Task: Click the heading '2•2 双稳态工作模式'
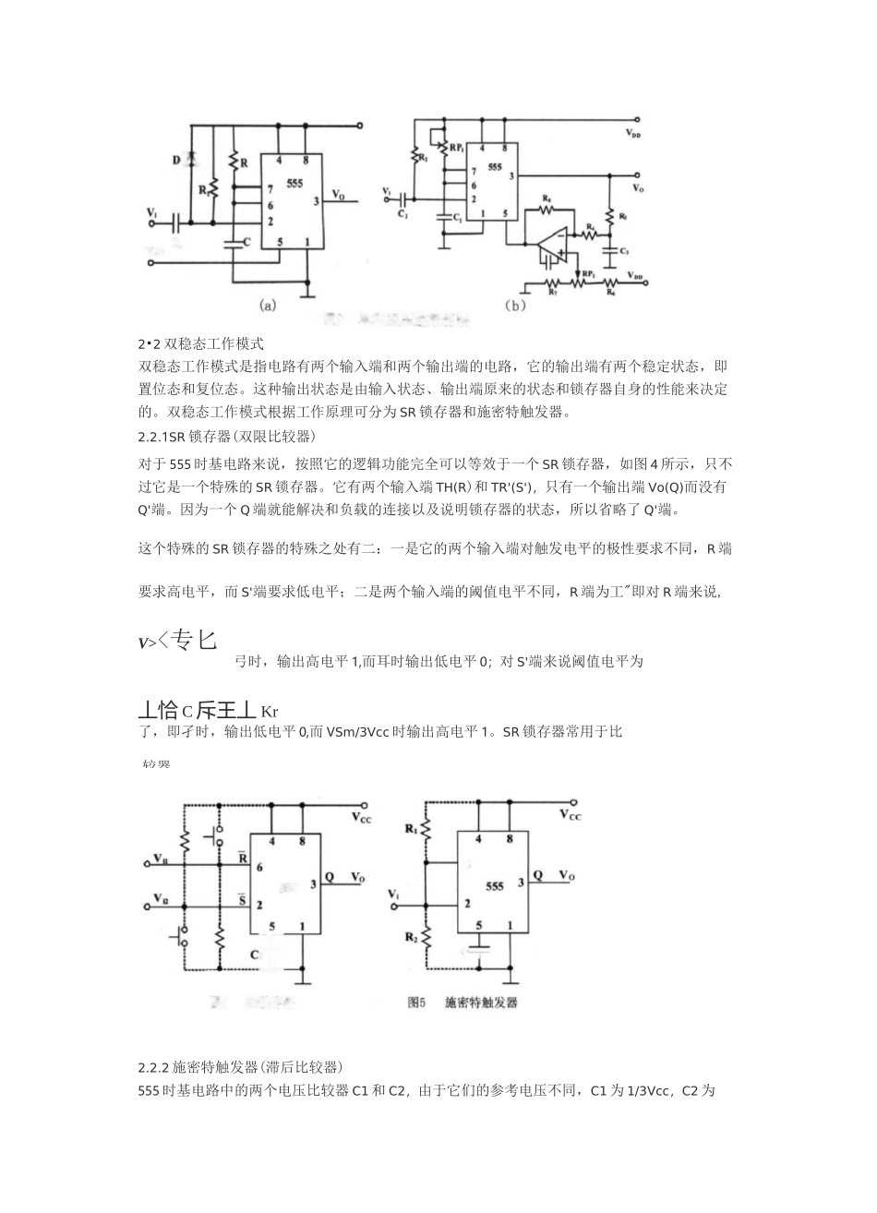[201, 343]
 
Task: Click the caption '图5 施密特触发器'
[464, 1001]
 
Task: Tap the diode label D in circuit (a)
[175, 160]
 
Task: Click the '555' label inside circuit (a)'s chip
[294, 185]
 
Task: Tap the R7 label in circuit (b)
[552, 292]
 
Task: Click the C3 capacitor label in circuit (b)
[625, 251]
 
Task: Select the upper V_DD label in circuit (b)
[634, 133]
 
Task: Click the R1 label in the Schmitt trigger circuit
[410, 830]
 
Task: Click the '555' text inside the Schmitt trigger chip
[495, 885]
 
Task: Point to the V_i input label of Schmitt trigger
[395, 895]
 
